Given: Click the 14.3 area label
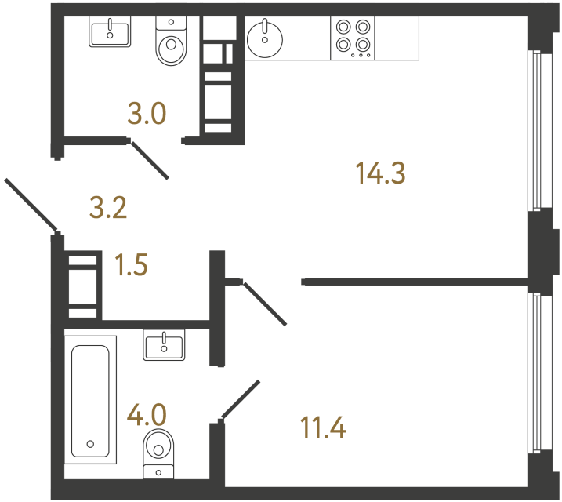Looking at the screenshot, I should [380, 173].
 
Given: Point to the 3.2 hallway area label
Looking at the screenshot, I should [108, 208].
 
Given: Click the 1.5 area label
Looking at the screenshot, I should [131, 265].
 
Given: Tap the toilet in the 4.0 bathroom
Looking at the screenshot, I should [159, 452].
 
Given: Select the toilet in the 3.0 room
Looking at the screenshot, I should [170, 43].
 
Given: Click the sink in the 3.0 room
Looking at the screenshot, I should [110, 32].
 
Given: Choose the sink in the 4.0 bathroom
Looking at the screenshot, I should [164, 344].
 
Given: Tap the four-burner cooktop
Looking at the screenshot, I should [353, 38].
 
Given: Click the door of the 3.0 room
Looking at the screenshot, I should [149, 160].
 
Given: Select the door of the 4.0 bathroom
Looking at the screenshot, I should [241, 399].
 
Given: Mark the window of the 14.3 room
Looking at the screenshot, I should [535, 130].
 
